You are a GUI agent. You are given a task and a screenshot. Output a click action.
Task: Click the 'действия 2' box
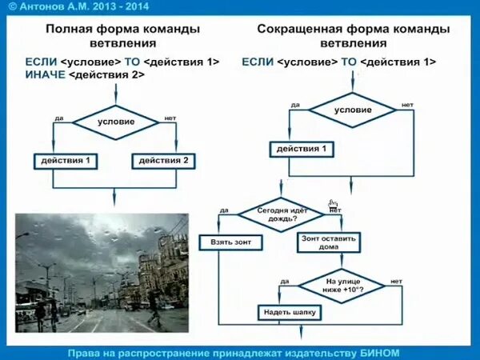tap(164, 161)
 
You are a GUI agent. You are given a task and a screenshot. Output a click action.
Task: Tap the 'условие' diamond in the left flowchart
tap(116, 122)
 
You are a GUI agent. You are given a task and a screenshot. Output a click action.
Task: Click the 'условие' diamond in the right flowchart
tap(353, 110)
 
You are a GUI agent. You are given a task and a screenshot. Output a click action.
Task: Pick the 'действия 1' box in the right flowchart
tap(302, 150)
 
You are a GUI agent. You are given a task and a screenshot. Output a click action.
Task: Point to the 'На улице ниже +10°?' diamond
tap(343, 284)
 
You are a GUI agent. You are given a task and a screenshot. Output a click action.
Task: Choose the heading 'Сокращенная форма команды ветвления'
tap(353, 35)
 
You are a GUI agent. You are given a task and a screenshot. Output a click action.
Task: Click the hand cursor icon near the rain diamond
tap(333, 206)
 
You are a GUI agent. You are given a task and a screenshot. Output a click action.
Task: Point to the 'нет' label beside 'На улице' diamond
tap(397, 282)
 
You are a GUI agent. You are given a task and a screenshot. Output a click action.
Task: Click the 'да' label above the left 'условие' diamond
tap(60, 118)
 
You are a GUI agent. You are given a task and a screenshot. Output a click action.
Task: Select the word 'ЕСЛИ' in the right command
tap(257, 61)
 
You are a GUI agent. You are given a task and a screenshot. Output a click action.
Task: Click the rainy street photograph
tap(102, 273)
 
